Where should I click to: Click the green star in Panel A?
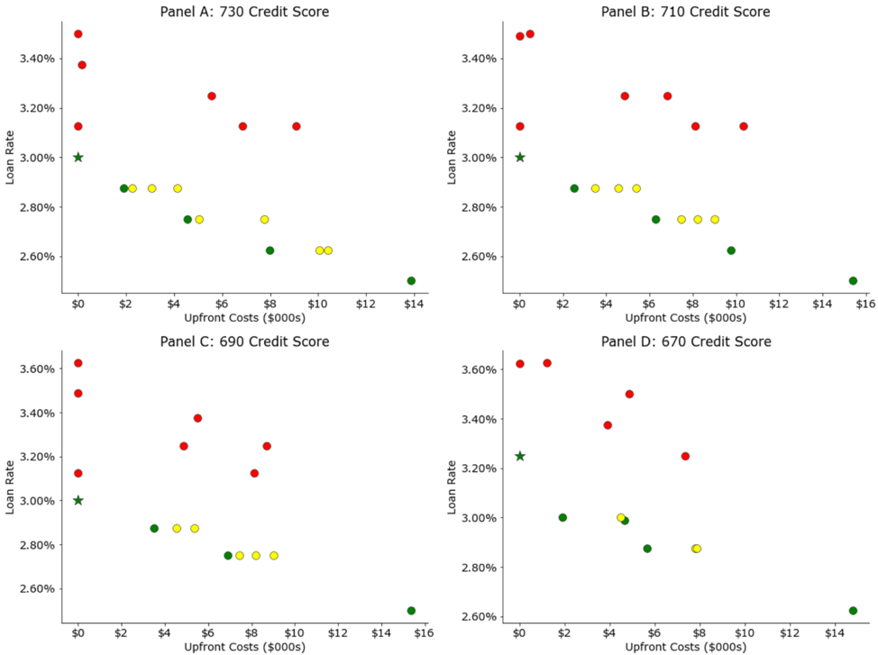(x=78, y=158)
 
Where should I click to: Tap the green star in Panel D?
(x=519, y=456)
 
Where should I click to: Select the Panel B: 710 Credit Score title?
(x=686, y=12)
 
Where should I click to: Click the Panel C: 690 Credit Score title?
(x=244, y=341)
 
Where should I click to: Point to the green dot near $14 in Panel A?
(x=411, y=281)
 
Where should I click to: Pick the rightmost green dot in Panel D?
(x=853, y=611)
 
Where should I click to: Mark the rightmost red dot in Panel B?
(x=744, y=126)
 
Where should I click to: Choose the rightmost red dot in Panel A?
(x=297, y=126)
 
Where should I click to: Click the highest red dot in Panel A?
(x=78, y=34)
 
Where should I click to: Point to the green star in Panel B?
(x=519, y=158)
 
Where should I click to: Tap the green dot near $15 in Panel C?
(x=411, y=611)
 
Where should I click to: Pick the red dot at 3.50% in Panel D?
(x=629, y=394)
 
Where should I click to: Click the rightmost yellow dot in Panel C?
(x=274, y=556)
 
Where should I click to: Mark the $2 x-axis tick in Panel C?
(x=121, y=633)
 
